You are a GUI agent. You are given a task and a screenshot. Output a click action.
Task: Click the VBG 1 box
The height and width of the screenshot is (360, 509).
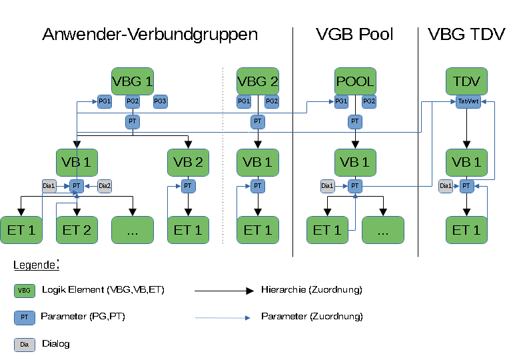133,82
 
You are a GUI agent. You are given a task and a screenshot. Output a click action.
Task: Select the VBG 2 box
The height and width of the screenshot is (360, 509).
258,82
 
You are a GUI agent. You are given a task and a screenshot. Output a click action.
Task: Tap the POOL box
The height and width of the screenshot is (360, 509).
355,82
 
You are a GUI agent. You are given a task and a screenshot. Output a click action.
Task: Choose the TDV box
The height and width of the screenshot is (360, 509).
466,82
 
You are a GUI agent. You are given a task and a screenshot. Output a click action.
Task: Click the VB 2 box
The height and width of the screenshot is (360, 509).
188,163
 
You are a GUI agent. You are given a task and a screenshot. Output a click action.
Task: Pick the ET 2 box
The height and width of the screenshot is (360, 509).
77,230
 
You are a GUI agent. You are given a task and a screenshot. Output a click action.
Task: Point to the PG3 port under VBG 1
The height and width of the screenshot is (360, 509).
160,101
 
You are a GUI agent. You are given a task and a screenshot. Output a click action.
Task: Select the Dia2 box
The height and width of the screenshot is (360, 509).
105,186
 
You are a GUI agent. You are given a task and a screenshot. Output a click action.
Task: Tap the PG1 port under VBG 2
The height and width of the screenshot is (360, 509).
244,101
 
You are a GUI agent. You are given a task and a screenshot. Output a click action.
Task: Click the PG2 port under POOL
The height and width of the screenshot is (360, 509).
369,101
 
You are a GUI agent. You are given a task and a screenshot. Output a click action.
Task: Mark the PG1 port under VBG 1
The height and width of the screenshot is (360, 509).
105,101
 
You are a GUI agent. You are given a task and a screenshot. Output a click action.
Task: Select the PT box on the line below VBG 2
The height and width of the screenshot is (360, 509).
258,122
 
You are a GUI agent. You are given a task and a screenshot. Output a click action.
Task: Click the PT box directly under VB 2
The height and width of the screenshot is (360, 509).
188,186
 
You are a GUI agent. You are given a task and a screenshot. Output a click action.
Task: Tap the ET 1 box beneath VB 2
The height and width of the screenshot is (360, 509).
188,230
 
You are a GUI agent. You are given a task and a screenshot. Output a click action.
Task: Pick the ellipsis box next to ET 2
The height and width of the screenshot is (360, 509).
133,230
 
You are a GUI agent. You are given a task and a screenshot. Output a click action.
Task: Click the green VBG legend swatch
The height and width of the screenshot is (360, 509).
24,291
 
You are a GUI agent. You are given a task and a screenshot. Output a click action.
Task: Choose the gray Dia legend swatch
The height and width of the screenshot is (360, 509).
24,345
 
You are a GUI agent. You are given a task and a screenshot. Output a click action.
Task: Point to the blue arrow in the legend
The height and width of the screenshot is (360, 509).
223,318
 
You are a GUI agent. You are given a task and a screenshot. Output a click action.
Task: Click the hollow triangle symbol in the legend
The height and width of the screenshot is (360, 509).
250,291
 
